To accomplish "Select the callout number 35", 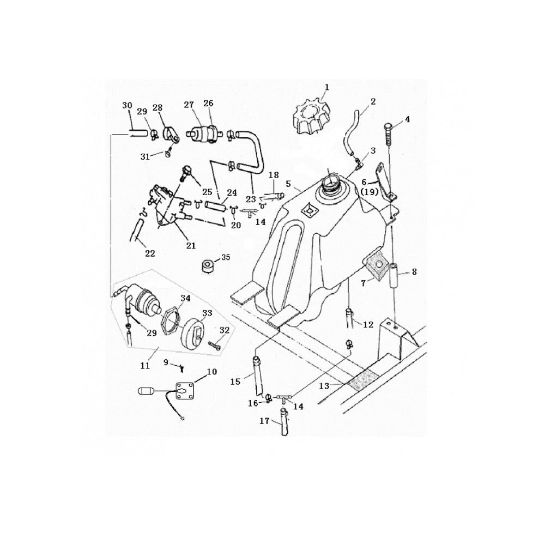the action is pyautogui.click(x=226, y=258).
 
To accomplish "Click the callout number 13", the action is pyautogui.click(x=324, y=386).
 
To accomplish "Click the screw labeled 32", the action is pyautogui.click(x=214, y=345).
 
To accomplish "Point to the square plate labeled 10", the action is pyautogui.click(x=184, y=390).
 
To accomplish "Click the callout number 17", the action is pyautogui.click(x=264, y=421).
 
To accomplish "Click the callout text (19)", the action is pyautogui.click(x=369, y=191).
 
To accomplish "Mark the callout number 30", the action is pyautogui.click(x=127, y=105).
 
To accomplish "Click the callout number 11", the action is pyautogui.click(x=145, y=365).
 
